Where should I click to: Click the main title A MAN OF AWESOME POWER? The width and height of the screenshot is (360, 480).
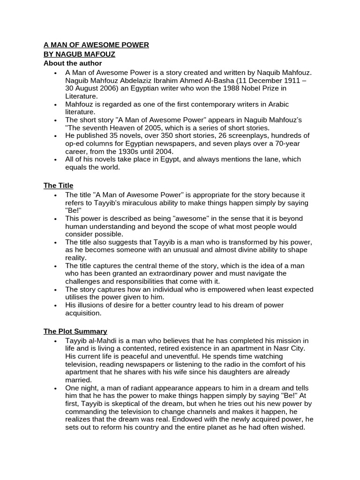coord(96,45)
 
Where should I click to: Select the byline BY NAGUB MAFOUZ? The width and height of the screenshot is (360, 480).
coord(79,54)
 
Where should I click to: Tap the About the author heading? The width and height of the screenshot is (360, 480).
coord(73,63)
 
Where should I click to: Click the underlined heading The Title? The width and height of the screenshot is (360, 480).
coord(58,186)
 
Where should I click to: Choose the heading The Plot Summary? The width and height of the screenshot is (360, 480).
coord(75,331)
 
